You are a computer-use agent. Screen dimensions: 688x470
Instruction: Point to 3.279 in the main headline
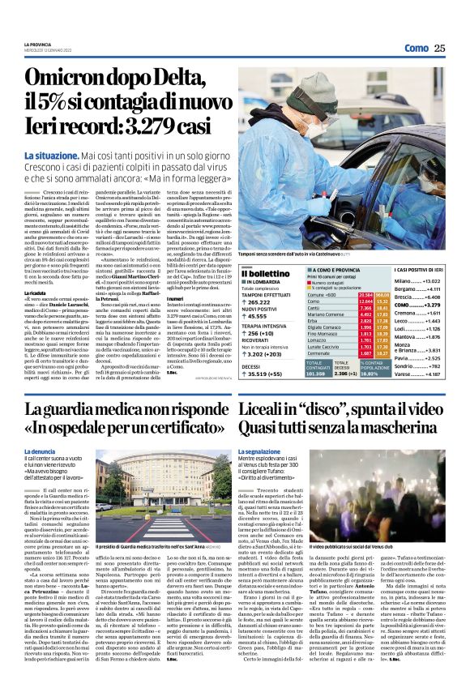(x=154, y=128)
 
